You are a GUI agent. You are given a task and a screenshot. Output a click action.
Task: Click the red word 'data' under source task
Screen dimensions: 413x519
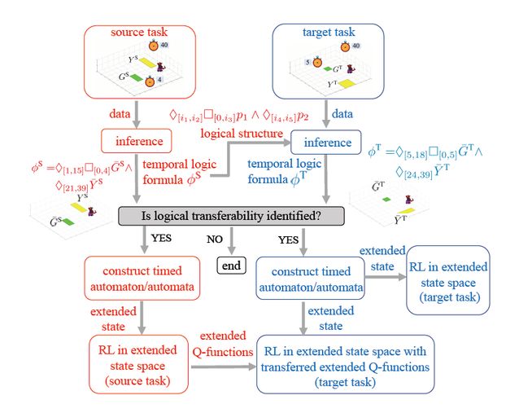(120, 112)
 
